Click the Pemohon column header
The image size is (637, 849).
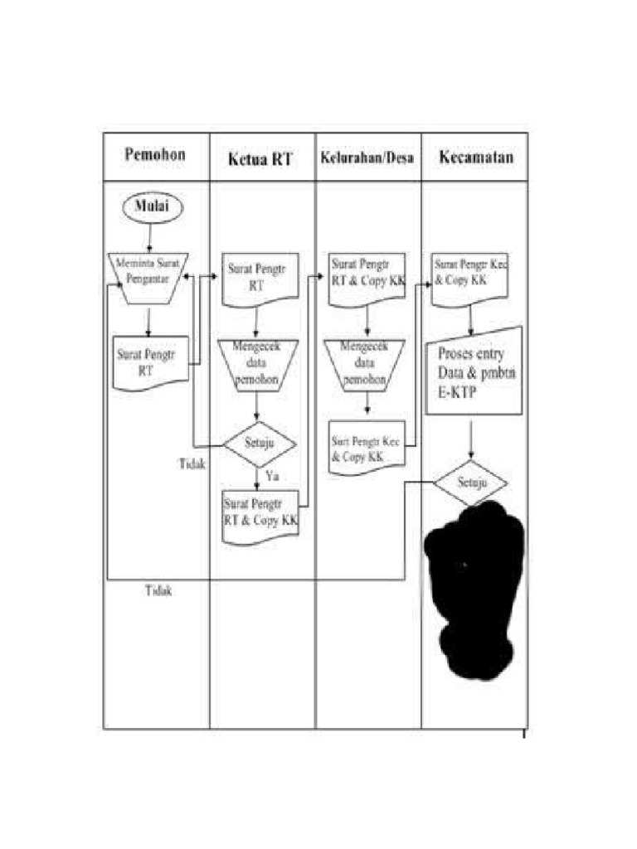tap(155, 154)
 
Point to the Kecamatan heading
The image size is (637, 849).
tap(475, 156)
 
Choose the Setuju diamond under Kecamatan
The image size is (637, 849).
tap(471, 481)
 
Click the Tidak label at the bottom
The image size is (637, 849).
tap(159, 591)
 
